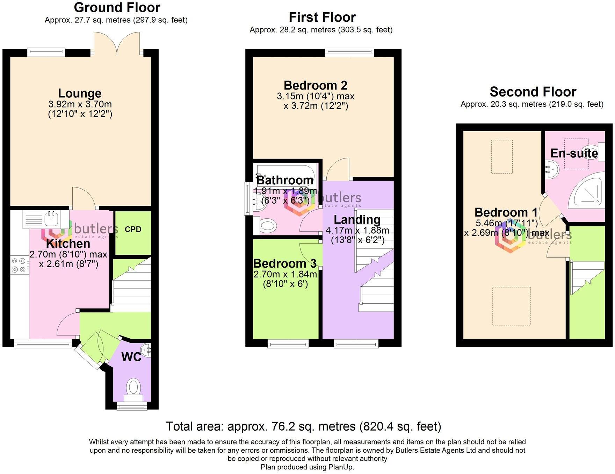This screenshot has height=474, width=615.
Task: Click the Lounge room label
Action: click(x=80, y=93)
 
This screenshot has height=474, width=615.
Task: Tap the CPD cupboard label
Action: click(x=133, y=229)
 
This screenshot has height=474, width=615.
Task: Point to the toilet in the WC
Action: click(x=133, y=389)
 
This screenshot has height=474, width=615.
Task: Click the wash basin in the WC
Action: click(x=146, y=349)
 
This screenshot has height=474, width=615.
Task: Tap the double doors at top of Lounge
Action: click(x=117, y=44)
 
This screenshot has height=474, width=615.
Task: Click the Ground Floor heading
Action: click(x=117, y=7)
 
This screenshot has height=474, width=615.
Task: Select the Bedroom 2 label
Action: click(x=315, y=85)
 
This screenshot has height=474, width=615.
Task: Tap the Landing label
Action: click(x=357, y=220)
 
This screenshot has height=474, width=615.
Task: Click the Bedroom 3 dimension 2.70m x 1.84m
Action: click(x=285, y=274)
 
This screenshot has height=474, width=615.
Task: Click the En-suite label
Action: click(x=574, y=153)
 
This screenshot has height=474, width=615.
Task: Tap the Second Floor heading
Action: click(x=533, y=92)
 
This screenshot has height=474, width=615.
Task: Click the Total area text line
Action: click(x=303, y=426)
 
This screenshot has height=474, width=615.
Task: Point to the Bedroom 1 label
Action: click(x=506, y=212)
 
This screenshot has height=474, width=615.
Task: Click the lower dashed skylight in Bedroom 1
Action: click(x=511, y=306)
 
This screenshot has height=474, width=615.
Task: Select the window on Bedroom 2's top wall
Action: click(x=349, y=53)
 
